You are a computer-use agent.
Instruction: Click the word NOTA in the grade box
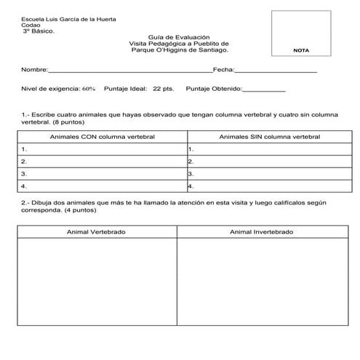pos(300,50)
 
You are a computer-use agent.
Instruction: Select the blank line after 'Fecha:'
pos(276,71)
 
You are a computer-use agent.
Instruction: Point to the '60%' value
pos(89,89)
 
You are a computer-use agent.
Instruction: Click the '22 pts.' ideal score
pos(163,89)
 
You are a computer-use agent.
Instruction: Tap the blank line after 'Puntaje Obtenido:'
pos(263,89)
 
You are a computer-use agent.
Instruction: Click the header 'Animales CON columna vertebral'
pos(102,136)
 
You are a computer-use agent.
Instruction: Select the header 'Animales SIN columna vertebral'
pos(269,136)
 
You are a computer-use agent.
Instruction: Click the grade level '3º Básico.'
pos(39,31)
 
